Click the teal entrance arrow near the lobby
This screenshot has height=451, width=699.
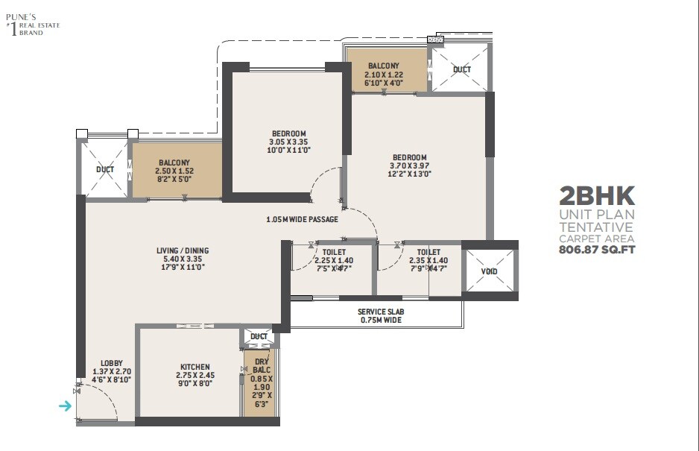[x=66, y=406]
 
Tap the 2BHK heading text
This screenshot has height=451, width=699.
[x=597, y=197]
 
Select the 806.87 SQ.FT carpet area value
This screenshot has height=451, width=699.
[x=597, y=250]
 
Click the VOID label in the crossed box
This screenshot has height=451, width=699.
[x=489, y=271]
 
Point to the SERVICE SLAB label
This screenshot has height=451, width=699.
[x=370, y=311]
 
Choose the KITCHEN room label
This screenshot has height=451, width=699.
[x=194, y=367]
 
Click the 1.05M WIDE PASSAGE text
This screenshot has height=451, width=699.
[x=302, y=220]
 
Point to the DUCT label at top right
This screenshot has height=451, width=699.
[x=462, y=69]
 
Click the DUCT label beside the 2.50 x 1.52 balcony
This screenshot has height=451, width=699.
[x=105, y=169]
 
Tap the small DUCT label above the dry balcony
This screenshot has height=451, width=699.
[x=259, y=336]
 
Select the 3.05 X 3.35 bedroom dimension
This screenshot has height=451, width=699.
[x=288, y=142]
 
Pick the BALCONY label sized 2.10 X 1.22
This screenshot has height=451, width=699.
[x=384, y=66]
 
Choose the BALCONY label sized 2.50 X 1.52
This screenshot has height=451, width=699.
[x=174, y=163]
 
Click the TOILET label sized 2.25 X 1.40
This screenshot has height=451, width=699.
[x=334, y=252]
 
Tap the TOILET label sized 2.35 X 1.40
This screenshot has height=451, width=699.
[x=428, y=252]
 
